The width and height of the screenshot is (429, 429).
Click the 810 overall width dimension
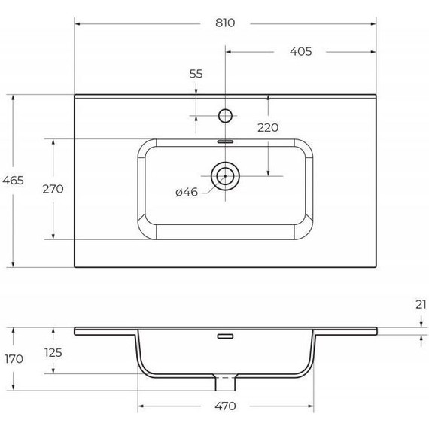[225, 23]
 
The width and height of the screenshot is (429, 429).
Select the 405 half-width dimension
[301, 51]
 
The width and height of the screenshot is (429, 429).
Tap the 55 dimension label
[196, 74]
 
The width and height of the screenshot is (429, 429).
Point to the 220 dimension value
[268, 127]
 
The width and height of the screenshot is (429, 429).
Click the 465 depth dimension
[13, 181]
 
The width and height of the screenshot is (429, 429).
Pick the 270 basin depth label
[53, 189]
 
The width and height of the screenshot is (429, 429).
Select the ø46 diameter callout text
[187, 192]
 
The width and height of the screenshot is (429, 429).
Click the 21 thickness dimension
[421, 305]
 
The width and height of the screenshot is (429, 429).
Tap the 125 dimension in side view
[53, 353]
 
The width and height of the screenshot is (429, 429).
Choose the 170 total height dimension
[14, 359]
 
